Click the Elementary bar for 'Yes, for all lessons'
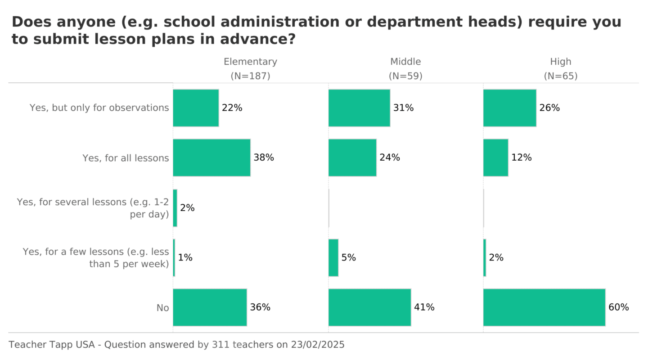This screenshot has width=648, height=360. (211, 157)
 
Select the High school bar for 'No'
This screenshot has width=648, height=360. (544, 307)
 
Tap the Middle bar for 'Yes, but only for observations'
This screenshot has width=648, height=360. (359, 108)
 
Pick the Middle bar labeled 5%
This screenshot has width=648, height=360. (333, 257)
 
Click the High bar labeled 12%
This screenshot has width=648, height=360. (495, 157)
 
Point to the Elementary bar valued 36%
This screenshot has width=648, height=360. (210, 307)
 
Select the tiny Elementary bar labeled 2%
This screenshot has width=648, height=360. (175, 208)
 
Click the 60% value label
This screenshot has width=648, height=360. (618, 307)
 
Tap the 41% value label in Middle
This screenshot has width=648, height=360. (424, 307)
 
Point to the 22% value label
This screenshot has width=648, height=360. (232, 108)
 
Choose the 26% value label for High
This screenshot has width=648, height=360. (549, 108)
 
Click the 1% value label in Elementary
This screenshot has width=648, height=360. (185, 257)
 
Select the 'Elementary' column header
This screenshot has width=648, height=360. (250, 62)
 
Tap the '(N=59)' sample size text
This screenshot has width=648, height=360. (405, 76)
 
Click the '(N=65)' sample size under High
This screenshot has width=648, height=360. (560, 76)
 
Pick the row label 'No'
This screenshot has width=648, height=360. (162, 308)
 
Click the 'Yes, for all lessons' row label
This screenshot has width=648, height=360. (126, 158)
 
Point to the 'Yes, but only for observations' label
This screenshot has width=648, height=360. (99, 108)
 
